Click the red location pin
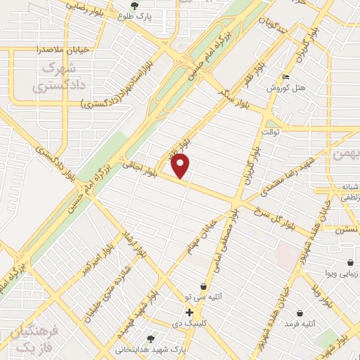pyautogui.click(x=181, y=165)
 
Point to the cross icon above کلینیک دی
pyautogui.click(x=189, y=312)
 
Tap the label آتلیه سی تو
pyautogui.click(x=203, y=297)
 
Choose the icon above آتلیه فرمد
pyautogui.click(x=300, y=312)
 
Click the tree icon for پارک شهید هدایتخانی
pyautogui.click(x=150, y=338)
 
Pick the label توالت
pyautogui.click(x=271, y=131)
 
